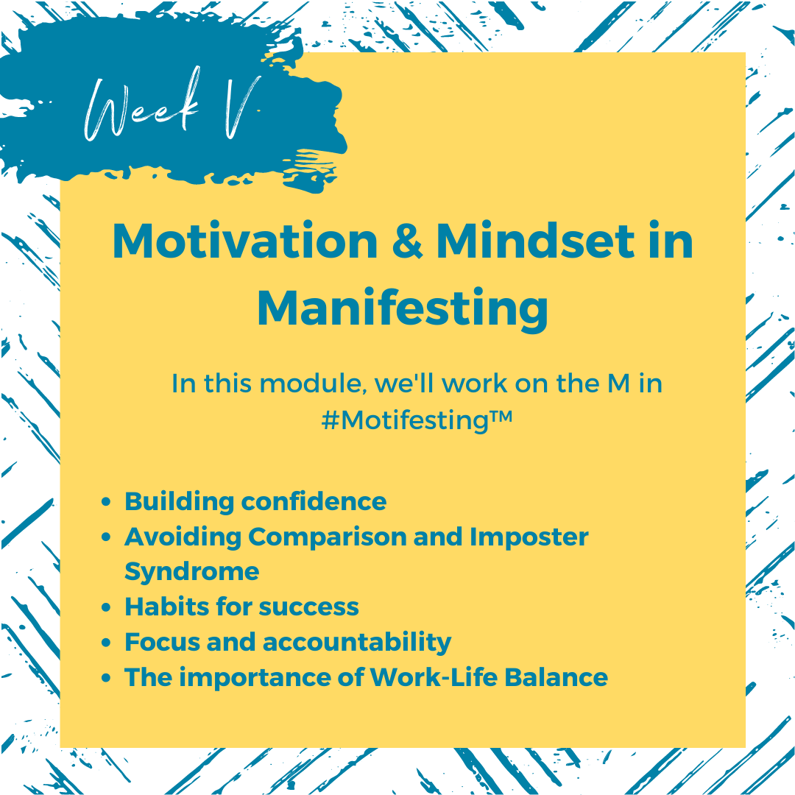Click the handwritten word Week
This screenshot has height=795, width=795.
pyautogui.click(x=141, y=107)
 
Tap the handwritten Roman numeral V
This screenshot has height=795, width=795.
pyautogui.click(x=242, y=107)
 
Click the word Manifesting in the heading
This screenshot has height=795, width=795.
pyautogui.click(x=403, y=309)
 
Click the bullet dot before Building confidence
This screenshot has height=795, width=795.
pyautogui.click(x=106, y=502)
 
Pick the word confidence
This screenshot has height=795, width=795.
pyautogui.click(x=314, y=501)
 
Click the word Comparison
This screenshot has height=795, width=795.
pyautogui.click(x=327, y=537)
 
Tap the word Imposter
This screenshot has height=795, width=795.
pyautogui.click(x=529, y=537)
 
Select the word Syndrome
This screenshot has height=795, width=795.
pyautogui.click(x=191, y=572)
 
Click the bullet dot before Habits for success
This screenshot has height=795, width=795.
pyautogui.click(x=106, y=607)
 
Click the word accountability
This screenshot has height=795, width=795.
pyautogui.click(x=357, y=643)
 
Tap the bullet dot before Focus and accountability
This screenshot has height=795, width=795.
pyautogui.click(x=106, y=643)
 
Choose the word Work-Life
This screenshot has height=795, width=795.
pyautogui.click(x=434, y=677)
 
